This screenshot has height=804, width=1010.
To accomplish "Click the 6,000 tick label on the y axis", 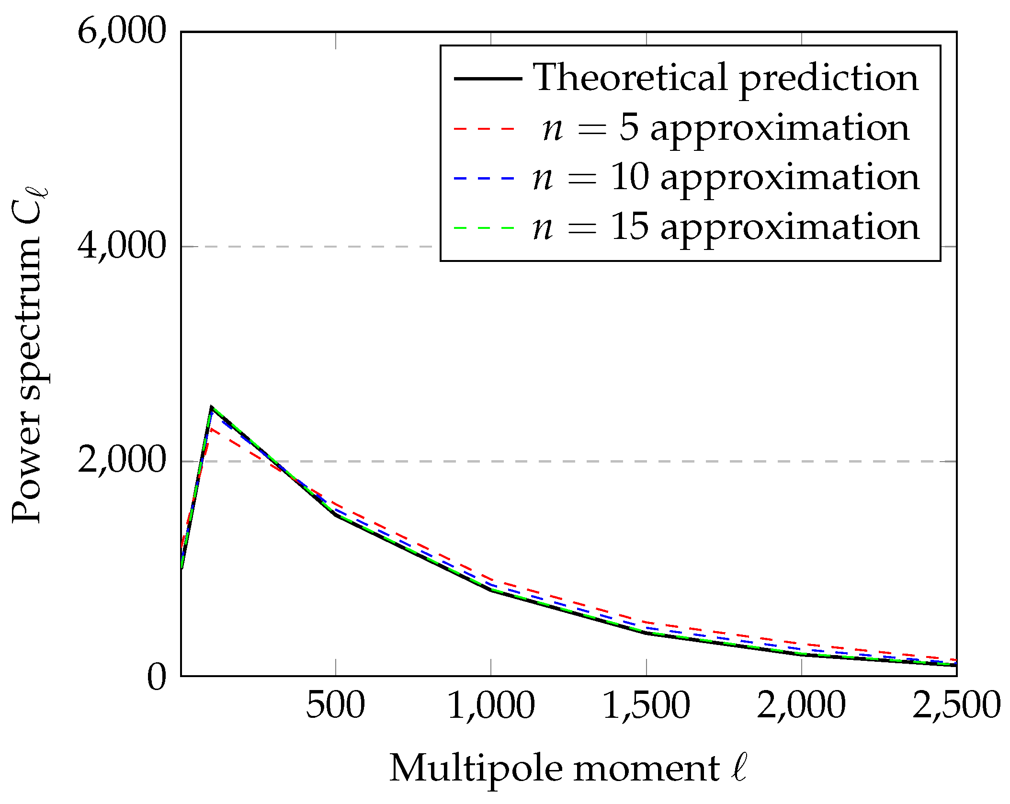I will tap(122, 32).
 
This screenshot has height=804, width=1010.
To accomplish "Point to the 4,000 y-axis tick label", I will tap(122, 246).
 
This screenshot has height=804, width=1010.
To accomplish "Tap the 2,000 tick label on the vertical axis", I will tap(122, 461).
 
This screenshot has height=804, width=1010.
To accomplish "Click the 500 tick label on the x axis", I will tap(335, 705).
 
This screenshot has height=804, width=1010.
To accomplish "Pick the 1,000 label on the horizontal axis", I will tap(491, 705).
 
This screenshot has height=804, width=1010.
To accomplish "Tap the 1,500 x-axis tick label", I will tap(646, 705).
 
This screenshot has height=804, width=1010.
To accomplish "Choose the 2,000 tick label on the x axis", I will tap(801, 705).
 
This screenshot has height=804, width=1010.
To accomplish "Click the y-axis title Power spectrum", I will tap(29, 354).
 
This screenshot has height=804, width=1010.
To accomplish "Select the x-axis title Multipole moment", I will tap(568, 769).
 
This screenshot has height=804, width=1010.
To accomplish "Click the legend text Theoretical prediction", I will tap(726, 78).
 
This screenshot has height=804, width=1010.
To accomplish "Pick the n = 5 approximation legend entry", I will tap(726, 128).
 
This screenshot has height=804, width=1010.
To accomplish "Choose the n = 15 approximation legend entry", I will tap(726, 227).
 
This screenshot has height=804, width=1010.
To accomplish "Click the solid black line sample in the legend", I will tap(487, 79).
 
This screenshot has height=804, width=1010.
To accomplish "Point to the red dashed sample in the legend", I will tap(485, 129).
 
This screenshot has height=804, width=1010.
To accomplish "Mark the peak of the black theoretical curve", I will tap(211, 407).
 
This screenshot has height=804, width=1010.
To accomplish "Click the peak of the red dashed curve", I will tap(211, 429).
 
